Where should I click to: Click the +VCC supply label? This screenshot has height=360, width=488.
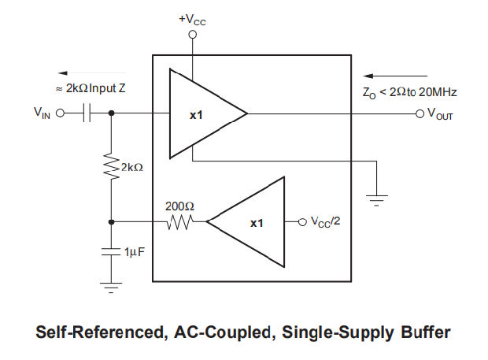(192, 18)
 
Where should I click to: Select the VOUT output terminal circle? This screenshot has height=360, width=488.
(420, 113)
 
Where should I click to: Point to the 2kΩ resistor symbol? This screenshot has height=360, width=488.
(111, 166)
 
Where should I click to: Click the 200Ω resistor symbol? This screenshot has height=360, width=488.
(179, 222)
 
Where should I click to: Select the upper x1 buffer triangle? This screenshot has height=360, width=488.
(202, 114)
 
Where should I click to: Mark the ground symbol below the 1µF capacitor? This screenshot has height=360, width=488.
(111, 288)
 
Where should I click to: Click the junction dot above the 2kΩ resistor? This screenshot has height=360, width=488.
(111, 113)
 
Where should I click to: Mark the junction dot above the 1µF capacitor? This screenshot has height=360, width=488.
(111, 222)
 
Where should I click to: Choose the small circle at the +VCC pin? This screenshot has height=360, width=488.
(192, 35)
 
